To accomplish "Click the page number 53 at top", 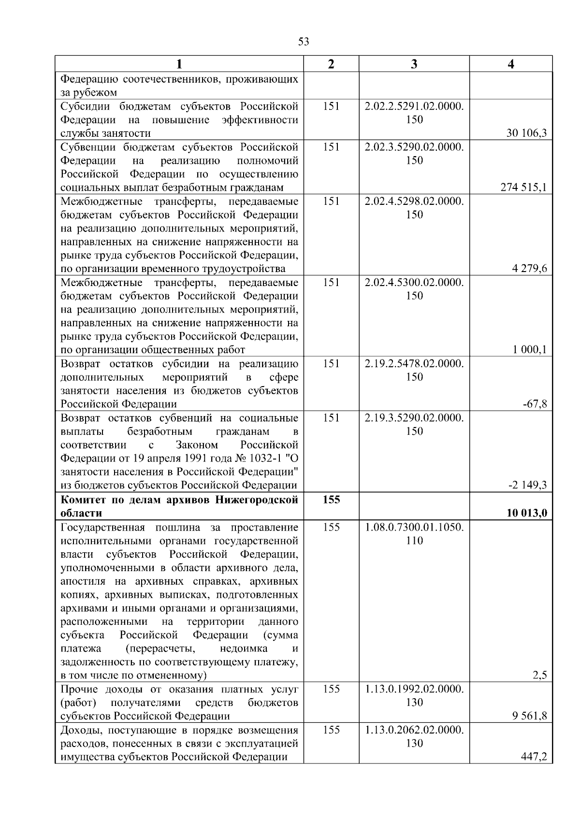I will coord(304,42).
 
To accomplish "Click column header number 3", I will coord(414,64).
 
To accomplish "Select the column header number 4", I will coord(511,64).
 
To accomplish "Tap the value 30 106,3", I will coord(526,133).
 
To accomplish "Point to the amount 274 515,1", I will coord(523,187).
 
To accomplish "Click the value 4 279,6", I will coord(529,269).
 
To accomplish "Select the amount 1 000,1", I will coord(529,350).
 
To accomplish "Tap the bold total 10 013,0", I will coord(526,513).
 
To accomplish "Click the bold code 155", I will coord(331,500).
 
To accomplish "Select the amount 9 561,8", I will coord(529,716).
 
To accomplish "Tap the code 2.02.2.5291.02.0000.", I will coord(414,106).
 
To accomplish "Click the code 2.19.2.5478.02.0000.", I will coord(414,363).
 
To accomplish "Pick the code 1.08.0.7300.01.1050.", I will coord(414,527).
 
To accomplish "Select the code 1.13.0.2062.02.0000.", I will coord(414,730).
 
